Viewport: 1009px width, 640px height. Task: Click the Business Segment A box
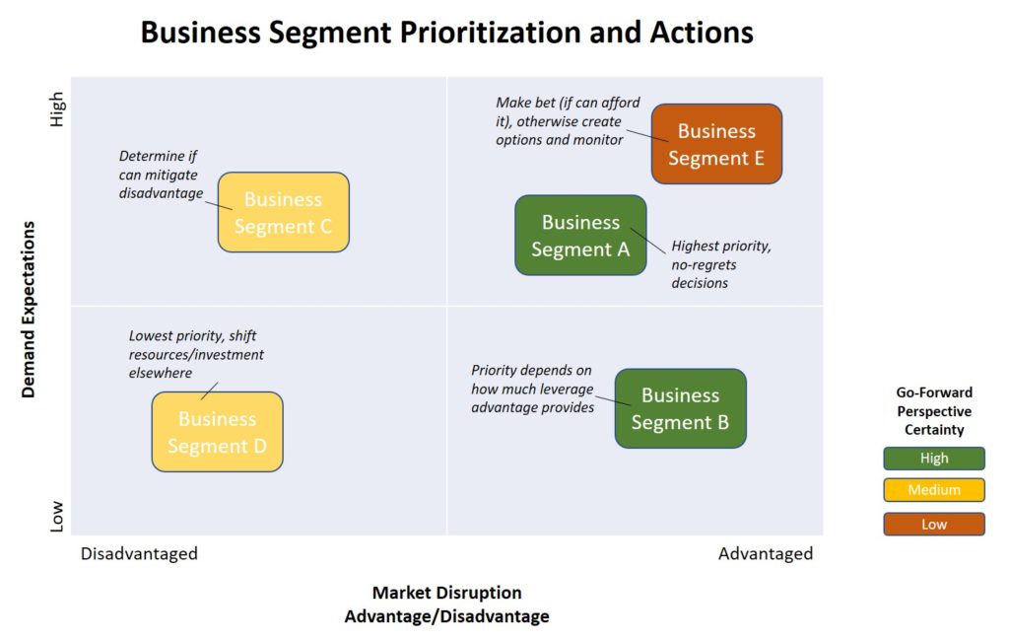coord(580,235)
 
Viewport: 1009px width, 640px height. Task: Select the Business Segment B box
coord(681,408)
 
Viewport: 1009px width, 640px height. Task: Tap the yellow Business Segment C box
coord(283,212)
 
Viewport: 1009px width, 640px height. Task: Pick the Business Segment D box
coord(218,431)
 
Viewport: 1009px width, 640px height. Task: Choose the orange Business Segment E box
coord(716,144)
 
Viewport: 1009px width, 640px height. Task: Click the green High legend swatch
coord(934,459)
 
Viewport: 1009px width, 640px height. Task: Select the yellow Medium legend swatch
coord(934,490)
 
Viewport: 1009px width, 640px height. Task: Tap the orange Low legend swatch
coord(934,524)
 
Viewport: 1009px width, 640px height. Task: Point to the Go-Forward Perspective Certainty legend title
coord(934,411)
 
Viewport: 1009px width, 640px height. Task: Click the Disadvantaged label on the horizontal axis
coord(139,554)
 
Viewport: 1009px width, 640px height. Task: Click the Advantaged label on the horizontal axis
coord(766,554)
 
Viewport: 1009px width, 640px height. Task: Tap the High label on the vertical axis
coord(57,108)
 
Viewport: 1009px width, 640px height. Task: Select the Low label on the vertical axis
coord(57,517)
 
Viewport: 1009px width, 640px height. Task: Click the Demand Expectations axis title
coord(29,310)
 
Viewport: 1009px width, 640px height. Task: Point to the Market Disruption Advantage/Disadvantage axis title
coord(447,604)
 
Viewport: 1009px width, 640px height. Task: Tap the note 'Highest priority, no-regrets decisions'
coord(721,264)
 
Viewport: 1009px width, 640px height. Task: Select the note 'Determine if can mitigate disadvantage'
coord(161,175)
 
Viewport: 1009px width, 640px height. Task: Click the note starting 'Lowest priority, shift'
coord(196,354)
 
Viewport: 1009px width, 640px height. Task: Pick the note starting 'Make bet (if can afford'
coord(569,121)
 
